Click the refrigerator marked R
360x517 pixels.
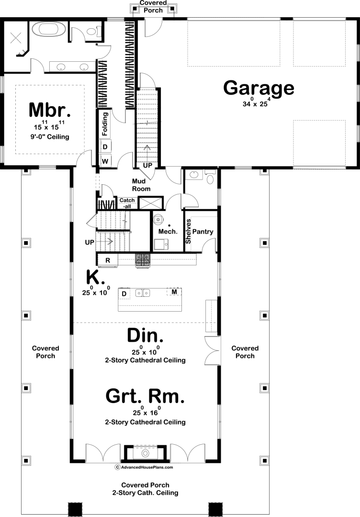(107, 260)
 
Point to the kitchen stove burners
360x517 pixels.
(142, 260)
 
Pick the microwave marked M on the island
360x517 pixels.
(174, 292)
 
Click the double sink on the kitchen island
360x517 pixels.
(143, 292)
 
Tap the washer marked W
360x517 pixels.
(105, 161)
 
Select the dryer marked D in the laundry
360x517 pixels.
(105, 146)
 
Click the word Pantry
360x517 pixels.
(203, 232)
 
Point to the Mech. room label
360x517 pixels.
(168, 232)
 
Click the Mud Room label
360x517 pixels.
(141, 185)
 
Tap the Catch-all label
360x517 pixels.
(127, 203)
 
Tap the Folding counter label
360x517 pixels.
(105, 124)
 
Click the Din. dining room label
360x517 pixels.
(145, 335)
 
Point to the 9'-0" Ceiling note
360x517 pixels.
(50, 136)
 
